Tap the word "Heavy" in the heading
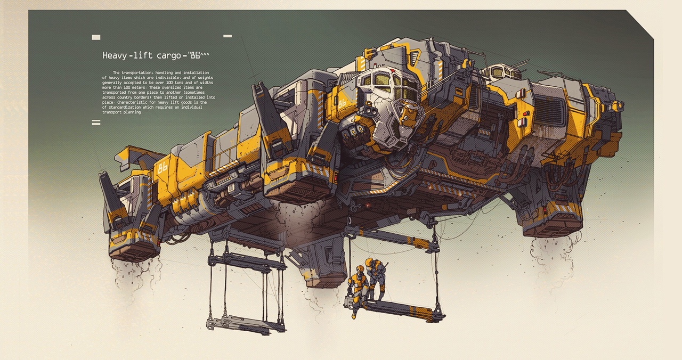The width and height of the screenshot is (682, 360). tap(115, 55)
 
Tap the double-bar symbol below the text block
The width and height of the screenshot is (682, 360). tap(96, 122)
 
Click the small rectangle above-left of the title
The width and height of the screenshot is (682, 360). tap(96, 37)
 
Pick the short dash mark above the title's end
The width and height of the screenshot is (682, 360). tap(228, 36)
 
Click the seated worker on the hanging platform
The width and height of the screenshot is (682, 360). tap(355, 290)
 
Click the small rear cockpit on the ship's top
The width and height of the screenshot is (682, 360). tap(499, 72)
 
